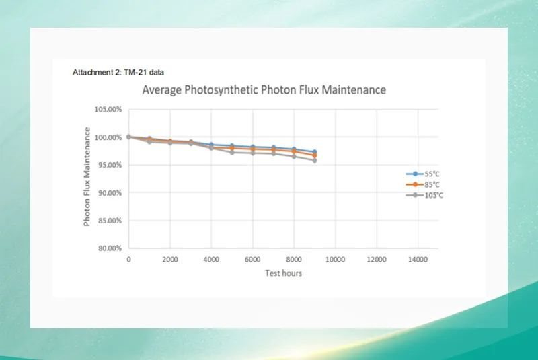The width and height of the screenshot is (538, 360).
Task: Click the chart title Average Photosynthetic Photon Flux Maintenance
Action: coord(264,89)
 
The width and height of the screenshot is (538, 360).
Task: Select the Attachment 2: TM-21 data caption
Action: coord(118,73)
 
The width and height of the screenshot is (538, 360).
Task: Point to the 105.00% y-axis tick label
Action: coord(108,110)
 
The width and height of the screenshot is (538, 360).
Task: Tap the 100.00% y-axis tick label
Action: coord(108,137)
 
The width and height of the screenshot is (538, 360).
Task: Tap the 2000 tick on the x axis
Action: coord(169,259)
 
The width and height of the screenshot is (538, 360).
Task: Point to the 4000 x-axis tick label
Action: coord(211,259)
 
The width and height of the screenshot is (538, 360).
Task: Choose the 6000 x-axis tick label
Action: coord(252,259)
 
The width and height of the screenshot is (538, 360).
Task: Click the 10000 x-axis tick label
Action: coord(335,259)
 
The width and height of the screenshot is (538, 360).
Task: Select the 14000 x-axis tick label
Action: coord(418,259)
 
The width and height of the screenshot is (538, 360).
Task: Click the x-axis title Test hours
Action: coord(282,273)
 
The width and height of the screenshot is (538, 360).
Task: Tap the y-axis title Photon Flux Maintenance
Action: coord(87,178)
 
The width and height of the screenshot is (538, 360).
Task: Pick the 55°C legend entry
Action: coord(428,174)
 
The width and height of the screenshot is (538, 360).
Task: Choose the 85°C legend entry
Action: coord(428,184)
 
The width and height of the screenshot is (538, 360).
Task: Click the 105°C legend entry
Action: coord(429,195)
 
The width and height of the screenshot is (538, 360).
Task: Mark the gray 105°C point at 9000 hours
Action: coord(314,160)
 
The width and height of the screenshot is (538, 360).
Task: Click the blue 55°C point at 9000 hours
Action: coord(314,152)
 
